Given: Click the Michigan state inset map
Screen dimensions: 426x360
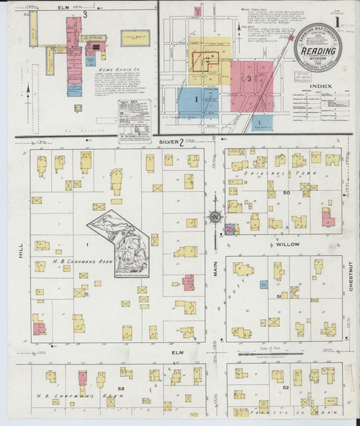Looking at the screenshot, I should (x=122, y=242).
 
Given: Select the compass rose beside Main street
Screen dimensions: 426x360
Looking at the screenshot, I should (x=215, y=217).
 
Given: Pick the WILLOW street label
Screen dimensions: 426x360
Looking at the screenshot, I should (x=318, y=245).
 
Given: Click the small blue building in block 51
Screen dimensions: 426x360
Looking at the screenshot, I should (x=263, y=284).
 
